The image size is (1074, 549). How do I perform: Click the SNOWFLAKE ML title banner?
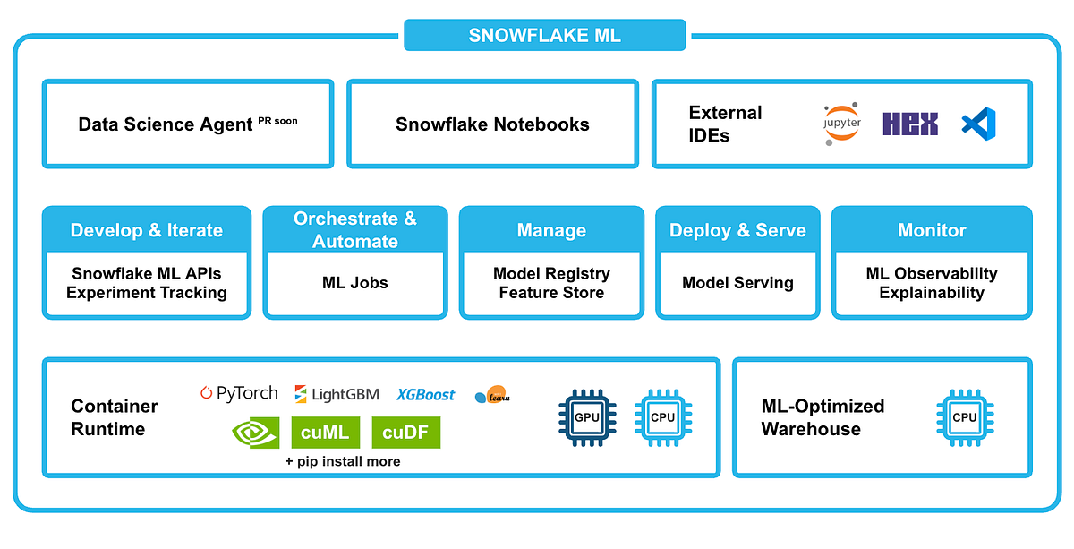point(544,36)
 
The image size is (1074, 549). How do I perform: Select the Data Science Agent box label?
point(165,124)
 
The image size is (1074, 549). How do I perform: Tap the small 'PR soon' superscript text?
point(277,120)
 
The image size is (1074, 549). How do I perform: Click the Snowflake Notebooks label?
point(492,124)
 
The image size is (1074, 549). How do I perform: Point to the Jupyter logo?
point(842,124)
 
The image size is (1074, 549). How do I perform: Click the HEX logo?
point(909,124)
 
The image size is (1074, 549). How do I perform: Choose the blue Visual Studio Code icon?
point(978,123)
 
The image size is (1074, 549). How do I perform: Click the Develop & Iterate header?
point(147,230)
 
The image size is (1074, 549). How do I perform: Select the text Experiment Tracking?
point(147,293)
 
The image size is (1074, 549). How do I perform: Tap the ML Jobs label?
point(355,283)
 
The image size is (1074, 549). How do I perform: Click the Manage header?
point(551,230)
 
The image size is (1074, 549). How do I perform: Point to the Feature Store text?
point(551,293)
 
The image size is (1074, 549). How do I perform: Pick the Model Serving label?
point(737,283)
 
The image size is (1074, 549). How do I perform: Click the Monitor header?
point(932,230)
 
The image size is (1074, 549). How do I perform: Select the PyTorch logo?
point(239,393)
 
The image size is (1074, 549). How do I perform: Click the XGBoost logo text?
point(426,394)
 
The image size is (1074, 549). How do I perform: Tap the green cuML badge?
point(325,433)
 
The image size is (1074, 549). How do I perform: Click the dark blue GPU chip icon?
point(587,417)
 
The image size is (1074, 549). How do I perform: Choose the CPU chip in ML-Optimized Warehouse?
point(965,417)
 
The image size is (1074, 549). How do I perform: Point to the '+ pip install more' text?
point(343,461)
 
